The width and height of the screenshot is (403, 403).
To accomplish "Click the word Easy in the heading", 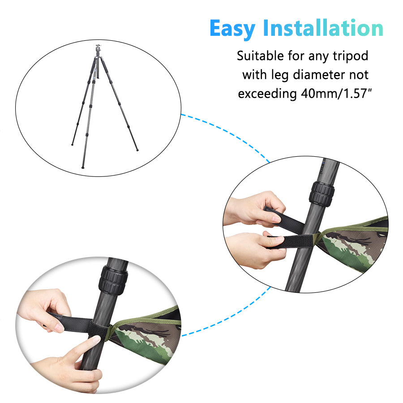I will pyautogui.click(x=233, y=29).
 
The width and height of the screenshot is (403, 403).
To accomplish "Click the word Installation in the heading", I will pyautogui.click(x=323, y=28).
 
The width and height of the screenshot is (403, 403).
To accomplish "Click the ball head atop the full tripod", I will pyautogui.click(x=99, y=49).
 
